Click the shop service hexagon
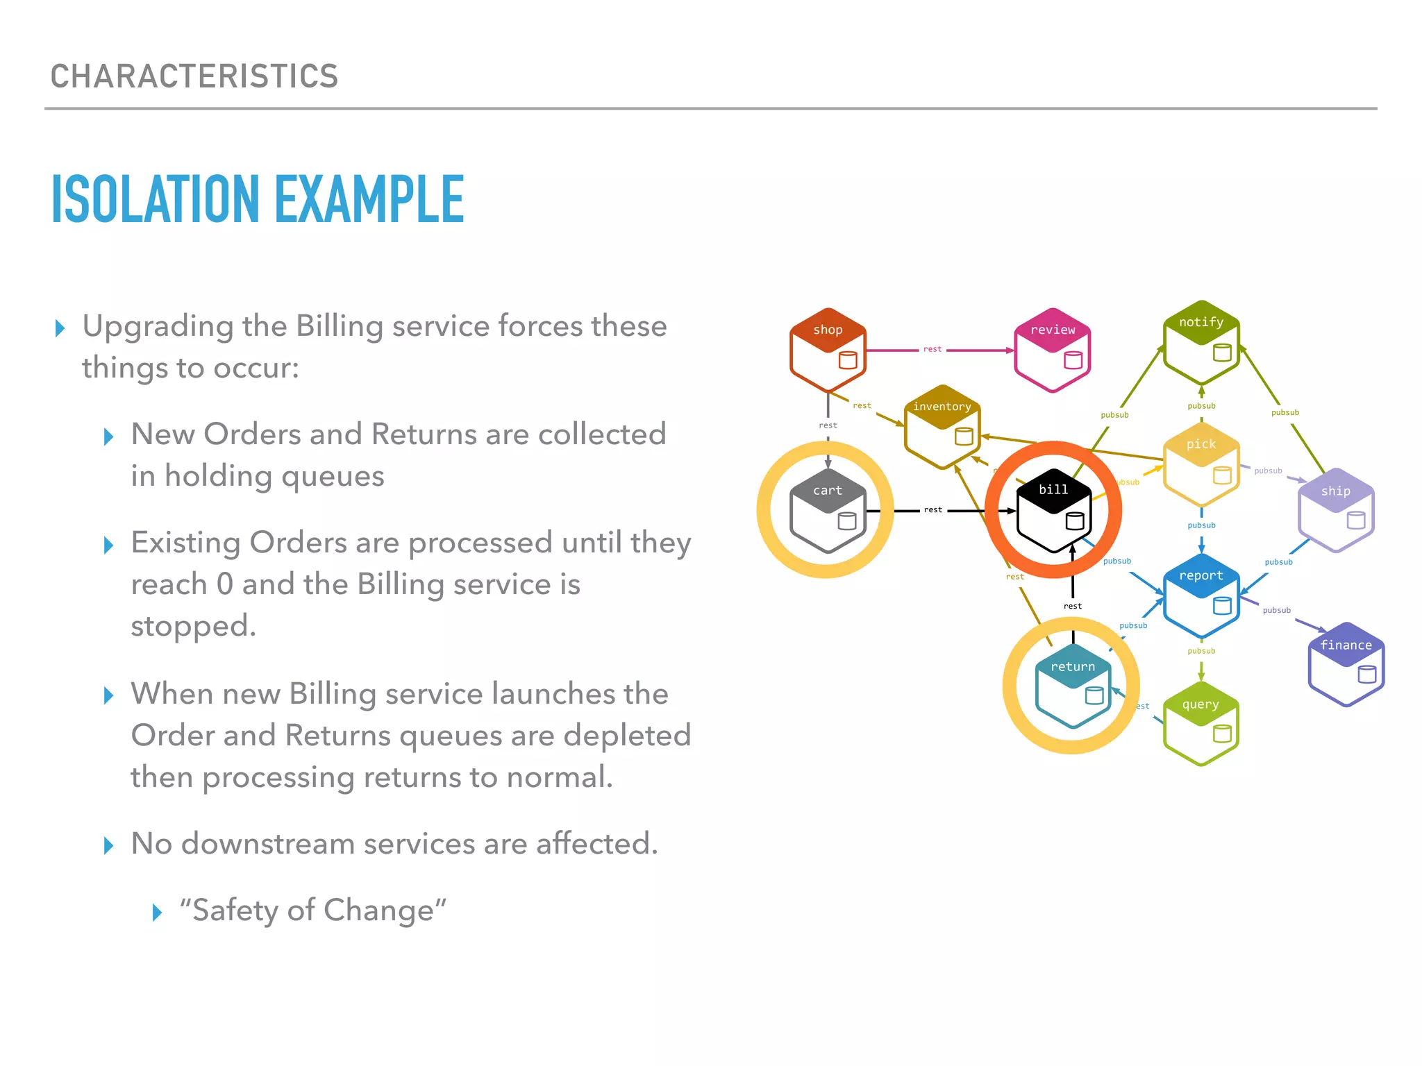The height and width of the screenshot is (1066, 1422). [x=828, y=350]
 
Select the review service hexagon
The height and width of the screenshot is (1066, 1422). [x=1053, y=350]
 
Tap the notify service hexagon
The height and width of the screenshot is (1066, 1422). [x=1201, y=342]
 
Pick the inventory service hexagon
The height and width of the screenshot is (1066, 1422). [x=942, y=427]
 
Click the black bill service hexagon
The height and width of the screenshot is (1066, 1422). [x=1053, y=510]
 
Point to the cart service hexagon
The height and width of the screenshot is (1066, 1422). [x=828, y=511]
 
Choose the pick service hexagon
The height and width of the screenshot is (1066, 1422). [x=1201, y=464]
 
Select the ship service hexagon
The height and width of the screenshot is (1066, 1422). [x=1336, y=511]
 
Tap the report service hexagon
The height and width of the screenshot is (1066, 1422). [x=1201, y=595]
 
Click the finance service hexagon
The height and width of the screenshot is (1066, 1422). [x=1346, y=665]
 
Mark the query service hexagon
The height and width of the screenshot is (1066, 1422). [x=1201, y=724]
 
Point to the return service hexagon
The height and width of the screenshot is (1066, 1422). [x=1073, y=686]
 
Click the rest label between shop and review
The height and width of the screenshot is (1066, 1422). [x=932, y=349]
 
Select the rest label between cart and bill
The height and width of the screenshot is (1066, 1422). [x=933, y=510]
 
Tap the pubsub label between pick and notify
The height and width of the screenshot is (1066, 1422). [x=1201, y=406]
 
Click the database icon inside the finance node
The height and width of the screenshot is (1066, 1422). [x=1366, y=674]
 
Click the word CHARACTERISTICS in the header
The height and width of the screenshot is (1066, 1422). [x=194, y=76]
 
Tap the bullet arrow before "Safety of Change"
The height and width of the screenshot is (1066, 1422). [x=158, y=912]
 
